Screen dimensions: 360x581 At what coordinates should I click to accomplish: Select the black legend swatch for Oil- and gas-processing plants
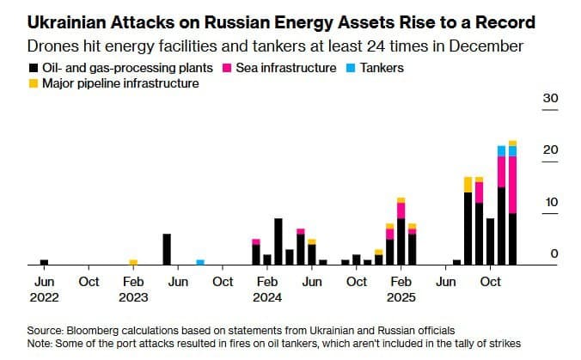click(32, 67)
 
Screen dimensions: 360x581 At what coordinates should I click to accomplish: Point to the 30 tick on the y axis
click(549, 99)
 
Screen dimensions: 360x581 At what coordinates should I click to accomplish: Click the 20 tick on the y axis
click(549, 150)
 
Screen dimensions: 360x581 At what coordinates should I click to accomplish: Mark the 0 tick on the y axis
click(553, 253)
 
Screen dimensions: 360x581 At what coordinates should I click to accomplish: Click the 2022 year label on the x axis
click(44, 297)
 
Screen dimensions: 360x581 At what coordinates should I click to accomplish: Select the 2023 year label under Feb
click(133, 297)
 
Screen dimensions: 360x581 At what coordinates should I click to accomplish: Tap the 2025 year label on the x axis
click(401, 297)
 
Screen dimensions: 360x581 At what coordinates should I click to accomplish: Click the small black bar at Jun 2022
click(45, 262)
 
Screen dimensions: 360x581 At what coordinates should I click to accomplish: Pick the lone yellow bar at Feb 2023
click(133, 262)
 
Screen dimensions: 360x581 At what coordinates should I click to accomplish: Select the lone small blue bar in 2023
click(200, 262)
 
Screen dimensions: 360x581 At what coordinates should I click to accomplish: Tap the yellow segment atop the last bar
click(512, 143)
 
